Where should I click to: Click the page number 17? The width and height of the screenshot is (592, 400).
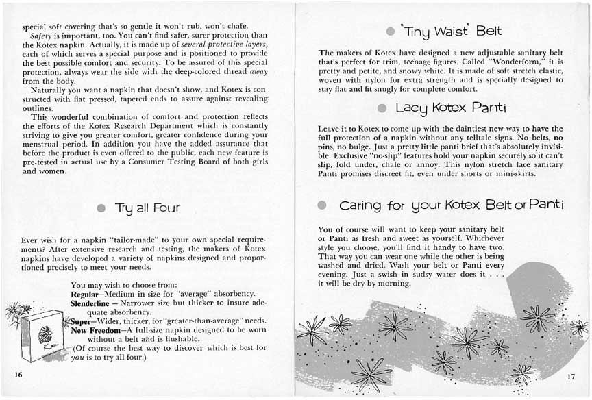571,376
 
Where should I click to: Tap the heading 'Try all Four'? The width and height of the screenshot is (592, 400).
147,207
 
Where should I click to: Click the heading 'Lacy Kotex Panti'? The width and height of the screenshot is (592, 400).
450,108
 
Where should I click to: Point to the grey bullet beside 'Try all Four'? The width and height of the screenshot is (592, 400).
101,208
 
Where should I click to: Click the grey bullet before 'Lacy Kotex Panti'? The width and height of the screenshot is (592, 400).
380,108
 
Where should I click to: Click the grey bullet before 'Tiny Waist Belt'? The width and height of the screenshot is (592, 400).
390,32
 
